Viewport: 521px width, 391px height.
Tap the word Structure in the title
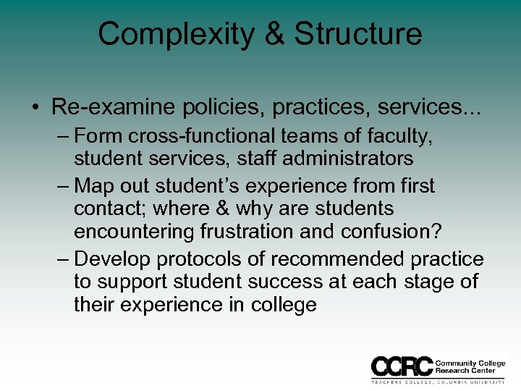pos(358,34)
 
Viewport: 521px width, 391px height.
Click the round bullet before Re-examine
pos(35,108)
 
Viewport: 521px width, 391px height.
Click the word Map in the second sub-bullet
pos(95,186)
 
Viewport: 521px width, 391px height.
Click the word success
pos(300,281)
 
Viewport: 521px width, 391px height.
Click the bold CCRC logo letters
pos(402,365)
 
